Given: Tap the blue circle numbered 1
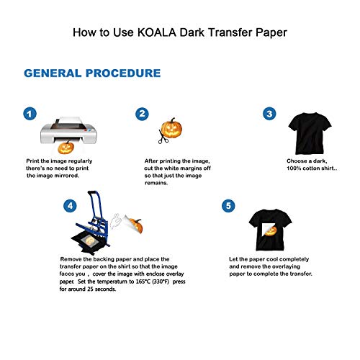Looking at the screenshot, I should (x=30, y=114).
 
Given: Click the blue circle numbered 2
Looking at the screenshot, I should (x=143, y=114).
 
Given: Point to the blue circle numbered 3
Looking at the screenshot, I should (x=269, y=114).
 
